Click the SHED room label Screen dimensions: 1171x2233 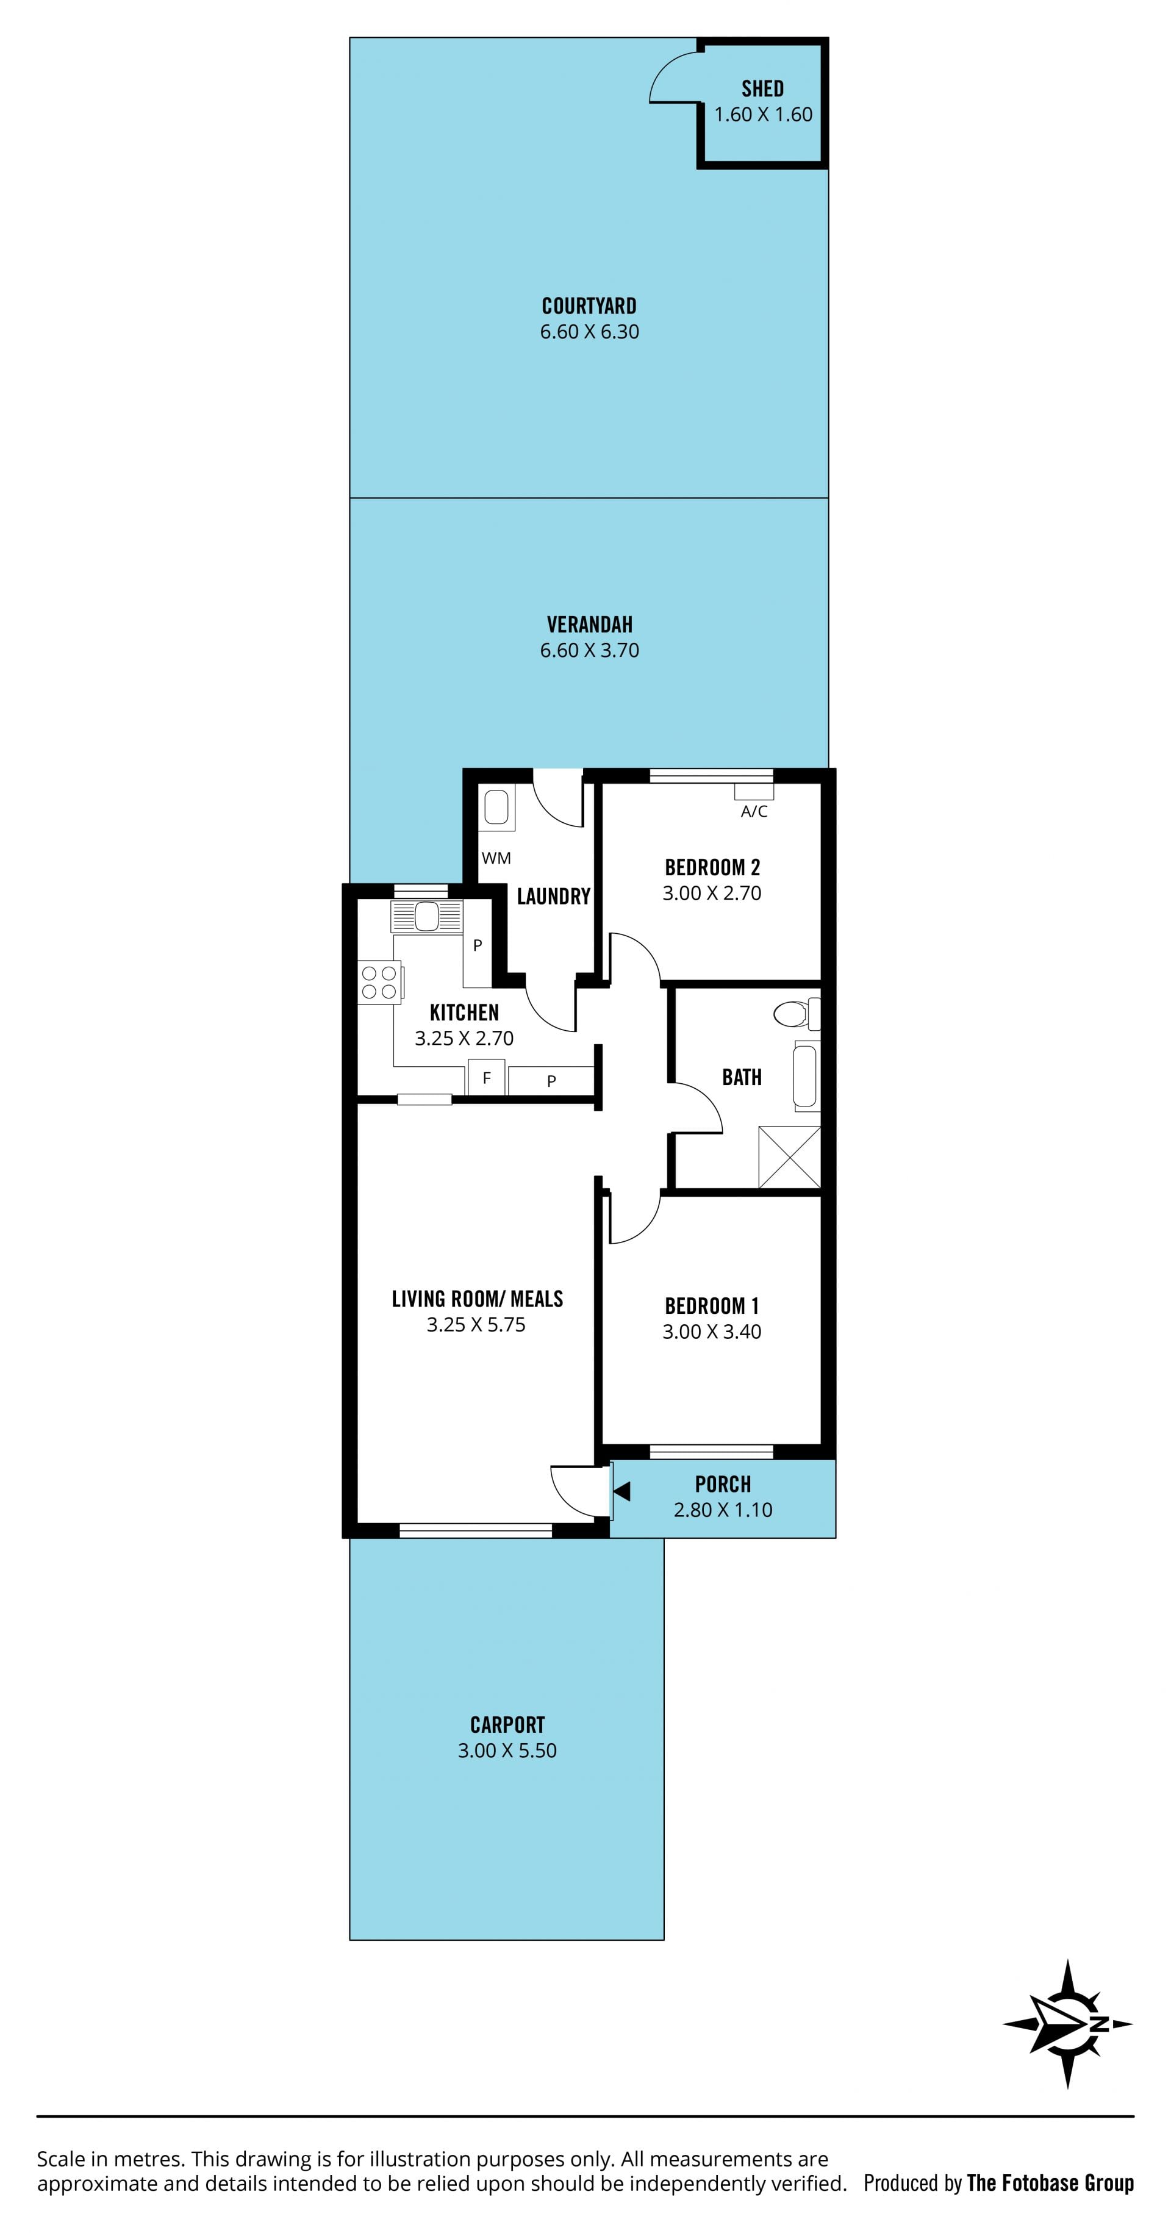[x=763, y=88]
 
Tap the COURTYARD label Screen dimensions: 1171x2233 [x=589, y=306]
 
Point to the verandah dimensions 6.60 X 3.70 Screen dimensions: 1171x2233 [x=589, y=650]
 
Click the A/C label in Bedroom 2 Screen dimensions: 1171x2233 [x=754, y=811]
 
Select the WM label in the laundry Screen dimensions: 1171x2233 [x=496, y=858]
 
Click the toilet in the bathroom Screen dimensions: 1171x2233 [x=796, y=1013]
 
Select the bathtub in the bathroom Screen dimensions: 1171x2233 [x=806, y=1076]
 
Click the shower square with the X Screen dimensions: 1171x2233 [x=789, y=1156]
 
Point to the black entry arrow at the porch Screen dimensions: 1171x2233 [x=621, y=1491]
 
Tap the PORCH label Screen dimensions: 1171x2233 [x=723, y=1484]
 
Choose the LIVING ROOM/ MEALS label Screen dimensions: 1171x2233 [x=477, y=1299]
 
